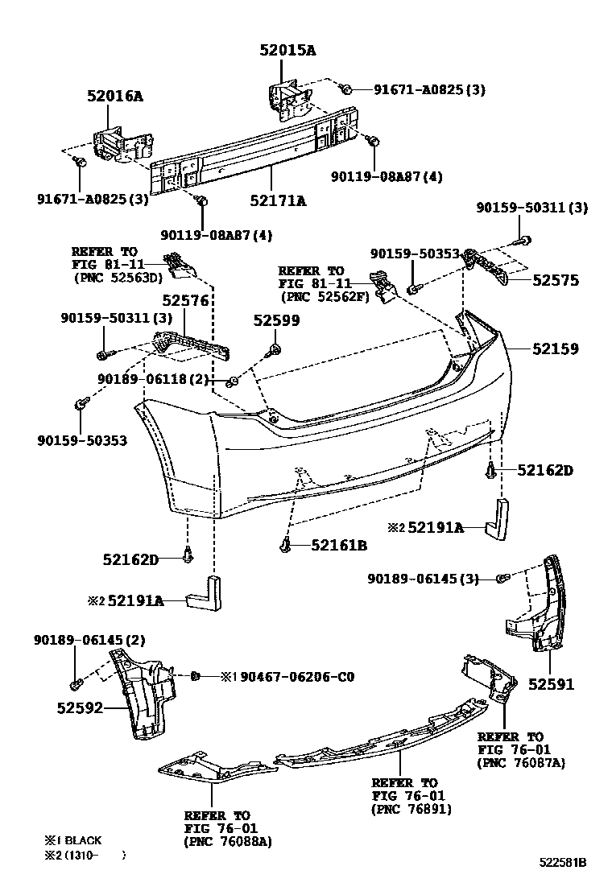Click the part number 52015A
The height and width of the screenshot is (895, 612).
click(287, 50)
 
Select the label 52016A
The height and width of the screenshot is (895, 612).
click(115, 96)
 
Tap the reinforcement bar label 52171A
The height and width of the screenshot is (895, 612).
click(278, 201)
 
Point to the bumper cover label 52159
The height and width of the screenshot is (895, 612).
click(554, 349)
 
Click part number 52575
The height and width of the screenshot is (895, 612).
click(554, 281)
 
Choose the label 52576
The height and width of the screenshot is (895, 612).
click(185, 300)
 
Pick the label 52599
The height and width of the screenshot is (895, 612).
click(276, 320)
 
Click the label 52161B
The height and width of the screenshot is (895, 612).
click(339, 546)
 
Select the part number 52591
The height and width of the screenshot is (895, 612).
click(551, 684)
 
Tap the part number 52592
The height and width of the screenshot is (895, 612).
click(81, 708)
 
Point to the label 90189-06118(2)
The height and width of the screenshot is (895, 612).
click(153, 378)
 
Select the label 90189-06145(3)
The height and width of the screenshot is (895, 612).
click(423, 579)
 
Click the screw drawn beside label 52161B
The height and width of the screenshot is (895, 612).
click(287, 546)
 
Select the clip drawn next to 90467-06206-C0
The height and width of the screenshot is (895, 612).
click(196, 676)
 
